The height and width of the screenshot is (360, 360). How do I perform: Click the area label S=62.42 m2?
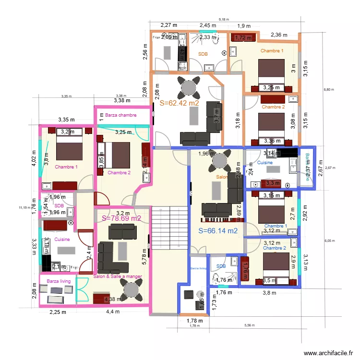[x=179, y=103]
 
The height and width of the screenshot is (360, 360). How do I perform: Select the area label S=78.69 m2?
[x=121, y=218]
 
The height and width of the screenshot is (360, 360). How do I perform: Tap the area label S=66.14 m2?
[x=218, y=231]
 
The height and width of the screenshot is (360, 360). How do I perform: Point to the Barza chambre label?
[x=121, y=115]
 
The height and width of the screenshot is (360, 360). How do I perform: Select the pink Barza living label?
[x=59, y=281]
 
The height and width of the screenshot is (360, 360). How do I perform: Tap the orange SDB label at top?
[x=204, y=54]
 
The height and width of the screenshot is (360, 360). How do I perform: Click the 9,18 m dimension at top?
[x=224, y=19]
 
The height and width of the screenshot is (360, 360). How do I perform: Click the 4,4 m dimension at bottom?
[x=113, y=312]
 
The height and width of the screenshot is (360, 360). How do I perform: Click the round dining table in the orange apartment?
[x=187, y=87]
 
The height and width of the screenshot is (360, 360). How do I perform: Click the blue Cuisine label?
[x=264, y=163]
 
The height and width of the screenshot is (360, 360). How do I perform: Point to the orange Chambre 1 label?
[x=272, y=50]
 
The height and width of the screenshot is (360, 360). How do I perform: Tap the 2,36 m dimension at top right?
[x=279, y=35]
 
